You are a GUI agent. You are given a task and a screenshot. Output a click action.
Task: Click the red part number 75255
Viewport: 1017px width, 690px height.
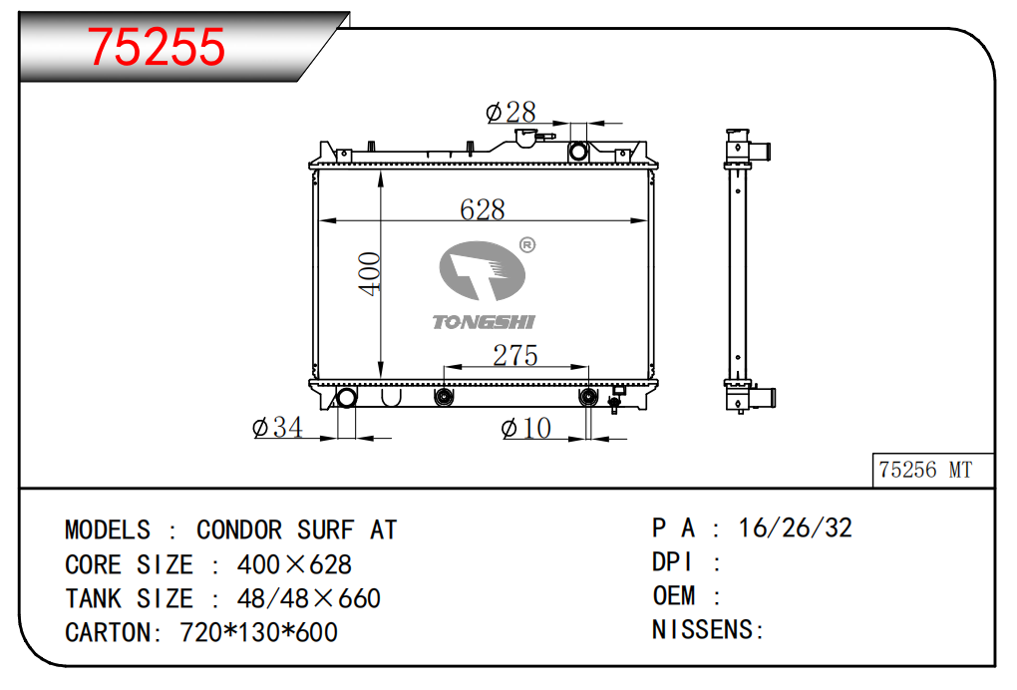point(157,47)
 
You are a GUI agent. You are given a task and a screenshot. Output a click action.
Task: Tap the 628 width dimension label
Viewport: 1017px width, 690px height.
point(482,209)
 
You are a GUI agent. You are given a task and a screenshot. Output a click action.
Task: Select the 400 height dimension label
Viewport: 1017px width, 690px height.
point(369,273)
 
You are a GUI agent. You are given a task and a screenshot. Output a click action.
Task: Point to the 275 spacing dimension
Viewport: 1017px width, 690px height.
point(515,355)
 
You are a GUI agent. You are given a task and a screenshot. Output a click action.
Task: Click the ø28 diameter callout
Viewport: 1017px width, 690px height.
point(510,113)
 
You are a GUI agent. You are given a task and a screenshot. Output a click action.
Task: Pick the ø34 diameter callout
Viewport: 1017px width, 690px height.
point(277,428)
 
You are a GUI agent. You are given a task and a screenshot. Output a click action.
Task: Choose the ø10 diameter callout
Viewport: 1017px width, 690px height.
point(526,428)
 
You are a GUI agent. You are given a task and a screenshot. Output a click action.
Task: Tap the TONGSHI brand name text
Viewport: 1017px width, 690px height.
point(484,322)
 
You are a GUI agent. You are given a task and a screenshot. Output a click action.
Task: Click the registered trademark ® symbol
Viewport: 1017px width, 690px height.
point(527,245)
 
